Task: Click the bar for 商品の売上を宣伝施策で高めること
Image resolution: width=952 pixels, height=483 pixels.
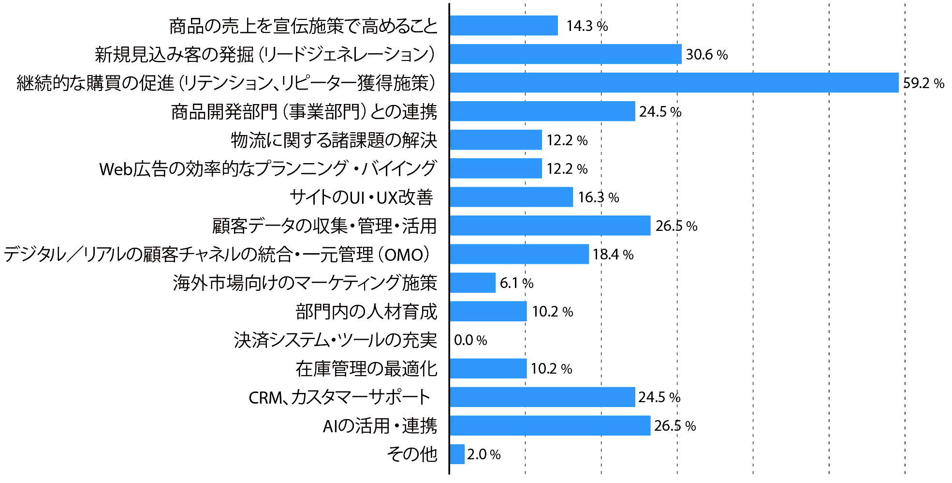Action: pyautogui.click(x=503, y=26)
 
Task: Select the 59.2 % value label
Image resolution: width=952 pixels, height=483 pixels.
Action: pyautogui.click(x=923, y=83)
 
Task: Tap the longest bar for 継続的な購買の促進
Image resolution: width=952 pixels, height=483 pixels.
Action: pyautogui.click(x=674, y=83)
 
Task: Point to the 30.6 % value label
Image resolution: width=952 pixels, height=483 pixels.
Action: pyautogui.click(x=707, y=54)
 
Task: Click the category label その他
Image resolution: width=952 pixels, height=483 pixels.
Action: pyautogui.click(x=412, y=454)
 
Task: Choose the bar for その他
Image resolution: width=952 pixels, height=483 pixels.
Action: pyautogui.click(x=457, y=454)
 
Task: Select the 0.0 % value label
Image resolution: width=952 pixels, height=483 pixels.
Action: pyautogui.click(x=470, y=340)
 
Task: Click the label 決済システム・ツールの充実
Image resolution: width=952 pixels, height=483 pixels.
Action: pyautogui.click(x=336, y=340)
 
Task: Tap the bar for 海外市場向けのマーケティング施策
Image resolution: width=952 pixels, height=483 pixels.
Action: pyautogui.click(x=472, y=283)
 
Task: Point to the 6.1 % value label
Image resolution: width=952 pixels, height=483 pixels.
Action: pyautogui.click(x=516, y=283)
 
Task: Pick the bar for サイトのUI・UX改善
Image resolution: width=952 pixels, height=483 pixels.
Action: pyautogui.click(x=511, y=197)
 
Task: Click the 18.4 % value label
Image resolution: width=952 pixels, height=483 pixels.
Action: pyautogui.click(x=613, y=254)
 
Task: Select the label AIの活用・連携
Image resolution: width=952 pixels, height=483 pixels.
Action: pyautogui.click(x=380, y=425)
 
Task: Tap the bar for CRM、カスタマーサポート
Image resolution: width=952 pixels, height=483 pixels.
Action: pyautogui.click(x=542, y=397)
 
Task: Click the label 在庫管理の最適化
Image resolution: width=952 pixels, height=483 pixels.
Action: pyautogui.click(x=366, y=368)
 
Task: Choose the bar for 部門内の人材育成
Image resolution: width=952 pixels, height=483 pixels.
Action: pyautogui.click(x=488, y=311)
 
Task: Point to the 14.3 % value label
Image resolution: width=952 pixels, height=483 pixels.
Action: pyautogui.click(x=587, y=26)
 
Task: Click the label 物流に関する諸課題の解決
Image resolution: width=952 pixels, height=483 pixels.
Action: pyautogui.click(x=334, y=140)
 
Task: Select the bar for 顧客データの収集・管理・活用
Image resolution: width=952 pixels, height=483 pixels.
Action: pyautogui.click(x=550, y=226)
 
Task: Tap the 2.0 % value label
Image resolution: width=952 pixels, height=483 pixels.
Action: pyautogui.click(x=483, y=454)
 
